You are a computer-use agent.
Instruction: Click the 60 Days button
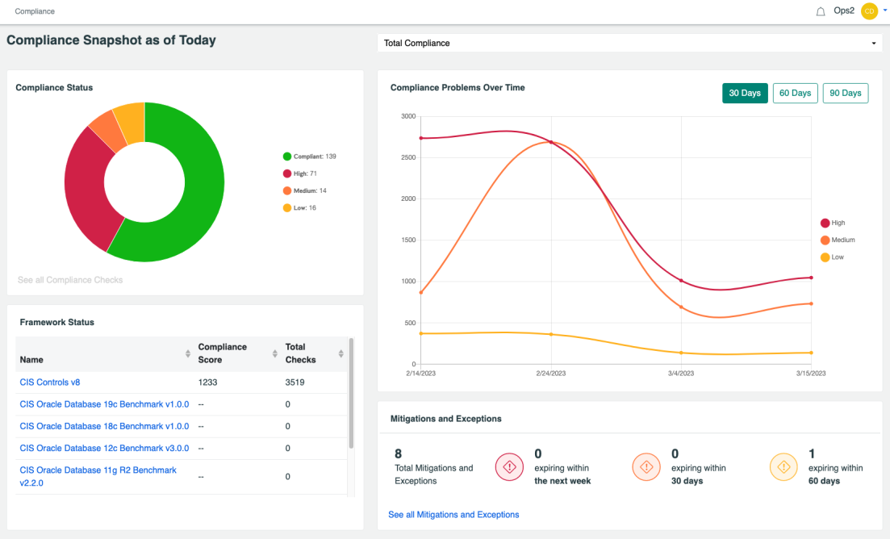[x=795, y=93]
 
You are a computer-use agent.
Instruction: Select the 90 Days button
[x=845, y=93]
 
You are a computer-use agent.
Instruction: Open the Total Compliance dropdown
[x=629, y=43]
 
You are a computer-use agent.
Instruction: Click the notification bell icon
[x=821, y=11]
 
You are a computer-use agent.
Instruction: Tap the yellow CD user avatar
[x=869, y=11]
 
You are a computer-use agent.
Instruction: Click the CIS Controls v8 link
[x=50, y=382]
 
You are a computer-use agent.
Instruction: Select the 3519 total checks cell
[x=295, y=382]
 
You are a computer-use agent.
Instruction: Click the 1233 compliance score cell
[x=208, y=382]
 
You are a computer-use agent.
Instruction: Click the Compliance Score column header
[x=223, y=353]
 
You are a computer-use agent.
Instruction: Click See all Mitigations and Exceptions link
[x=453, y=514]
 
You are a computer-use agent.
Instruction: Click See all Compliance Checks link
[x=70, y=280]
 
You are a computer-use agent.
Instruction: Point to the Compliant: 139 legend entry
[x=310, y=157]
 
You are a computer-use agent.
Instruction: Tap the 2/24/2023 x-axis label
[x=551, y=374]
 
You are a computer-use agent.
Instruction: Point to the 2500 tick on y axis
[x=407, y=157]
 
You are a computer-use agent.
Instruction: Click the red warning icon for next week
[x=509, y=467]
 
